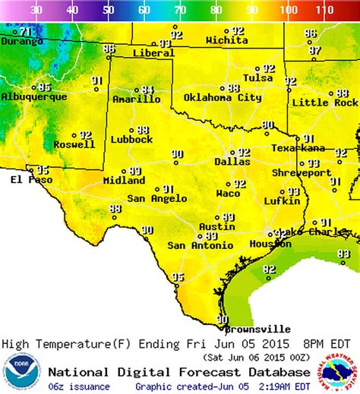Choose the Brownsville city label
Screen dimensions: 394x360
[259, 329]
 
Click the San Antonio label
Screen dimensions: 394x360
[197, 245]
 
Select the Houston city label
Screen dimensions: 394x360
[270, 244]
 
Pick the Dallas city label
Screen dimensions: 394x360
[232, 162]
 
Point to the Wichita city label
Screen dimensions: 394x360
[226, 39]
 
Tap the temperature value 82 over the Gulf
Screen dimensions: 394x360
[269, 269]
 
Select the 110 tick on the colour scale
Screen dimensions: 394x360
[324, 11]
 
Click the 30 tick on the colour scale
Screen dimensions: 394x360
[35, 11]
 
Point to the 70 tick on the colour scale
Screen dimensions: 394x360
[180, 11]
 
